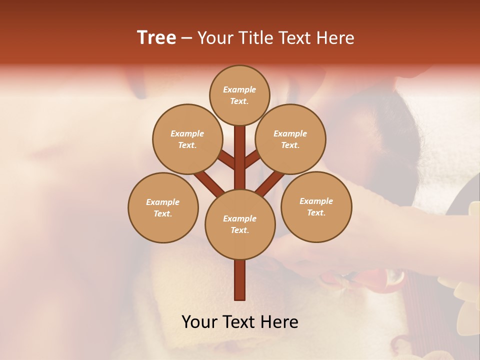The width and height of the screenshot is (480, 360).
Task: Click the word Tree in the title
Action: pyautogui.click(x=156, y=38)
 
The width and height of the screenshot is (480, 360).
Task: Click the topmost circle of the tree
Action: pyautogui.click(x=239, y=95)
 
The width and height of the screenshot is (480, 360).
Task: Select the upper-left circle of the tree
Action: pyautogui.click(x=187, y=139)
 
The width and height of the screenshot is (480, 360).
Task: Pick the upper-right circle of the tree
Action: pyautogui.click(x=290, y=139)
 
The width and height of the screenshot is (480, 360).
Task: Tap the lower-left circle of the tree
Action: pyautogui.click(x=163, y=207)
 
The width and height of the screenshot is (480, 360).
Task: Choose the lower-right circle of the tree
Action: pyautogui.click(x=316, y=206)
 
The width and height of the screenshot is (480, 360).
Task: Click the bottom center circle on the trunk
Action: pyautogui.click(x=240, y=224)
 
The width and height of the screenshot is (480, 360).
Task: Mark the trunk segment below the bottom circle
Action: pyautogui.click(x=240, y=280)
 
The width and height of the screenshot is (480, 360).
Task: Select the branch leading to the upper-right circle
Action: pyautogui.click(x=252, y=160)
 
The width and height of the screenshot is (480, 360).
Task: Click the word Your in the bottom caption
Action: pyautogui.click(x=200, y=322)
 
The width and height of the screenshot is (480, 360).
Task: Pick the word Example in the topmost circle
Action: pyautogui.click(x=239, y=89)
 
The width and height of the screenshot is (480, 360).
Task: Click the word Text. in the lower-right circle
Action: pyautogui.click(x=316, y=212)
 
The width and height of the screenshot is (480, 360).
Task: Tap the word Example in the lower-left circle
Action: pyautogui.click(x=162, y=202)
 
